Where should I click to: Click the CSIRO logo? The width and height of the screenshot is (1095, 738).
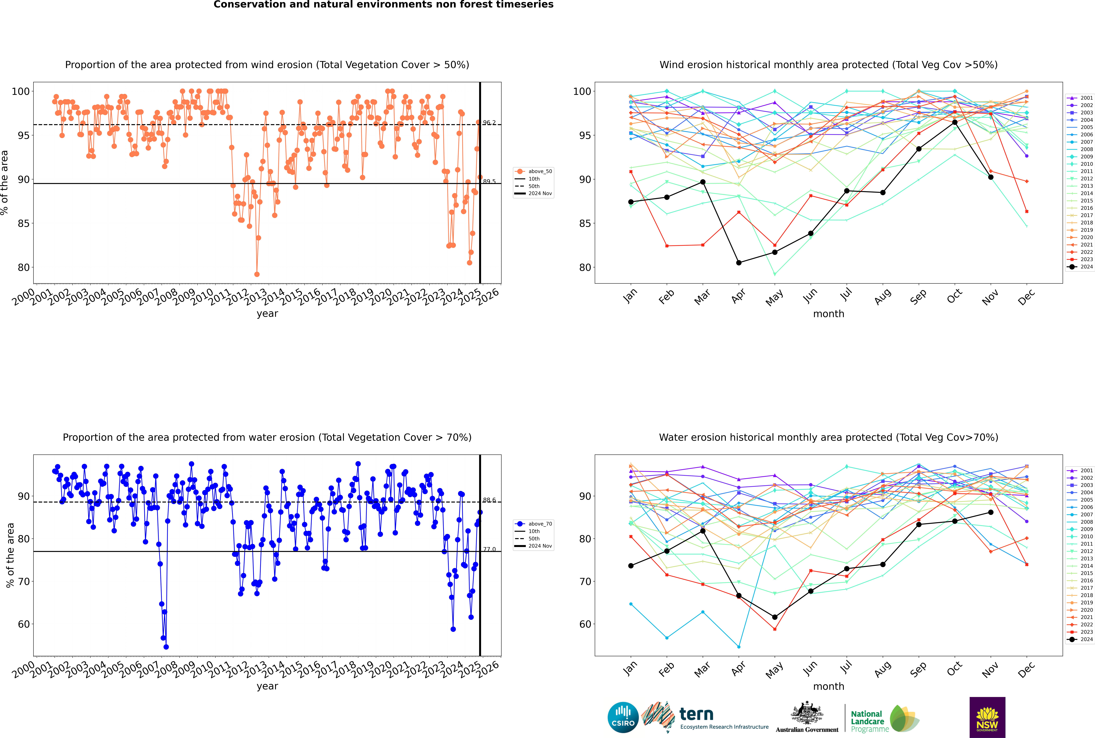[623, 717]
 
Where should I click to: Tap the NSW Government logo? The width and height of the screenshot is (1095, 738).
[987, 717]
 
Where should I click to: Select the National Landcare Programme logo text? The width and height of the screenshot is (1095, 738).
[867, 721]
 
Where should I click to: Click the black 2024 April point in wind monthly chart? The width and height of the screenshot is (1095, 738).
[739, 263]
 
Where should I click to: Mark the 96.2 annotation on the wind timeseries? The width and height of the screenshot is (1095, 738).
[489, 123]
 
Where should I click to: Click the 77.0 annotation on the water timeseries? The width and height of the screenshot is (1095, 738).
[489, 549]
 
